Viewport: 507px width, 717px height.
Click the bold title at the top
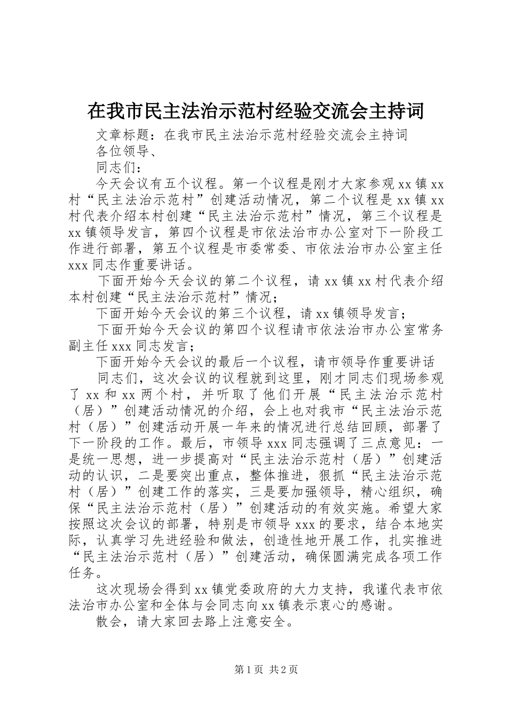pos(256,111)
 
